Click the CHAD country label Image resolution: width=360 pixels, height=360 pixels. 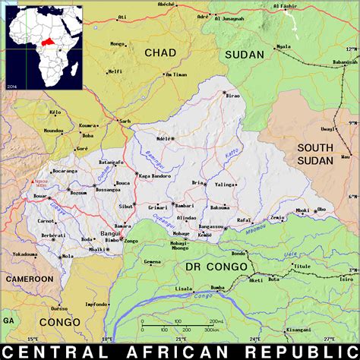click(x=159, y=52)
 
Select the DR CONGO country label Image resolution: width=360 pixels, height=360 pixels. click(x=216, y=267)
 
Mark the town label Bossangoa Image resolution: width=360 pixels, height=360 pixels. click(x=106, y=189)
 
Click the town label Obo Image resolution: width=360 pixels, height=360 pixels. click(x=321, y=210)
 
